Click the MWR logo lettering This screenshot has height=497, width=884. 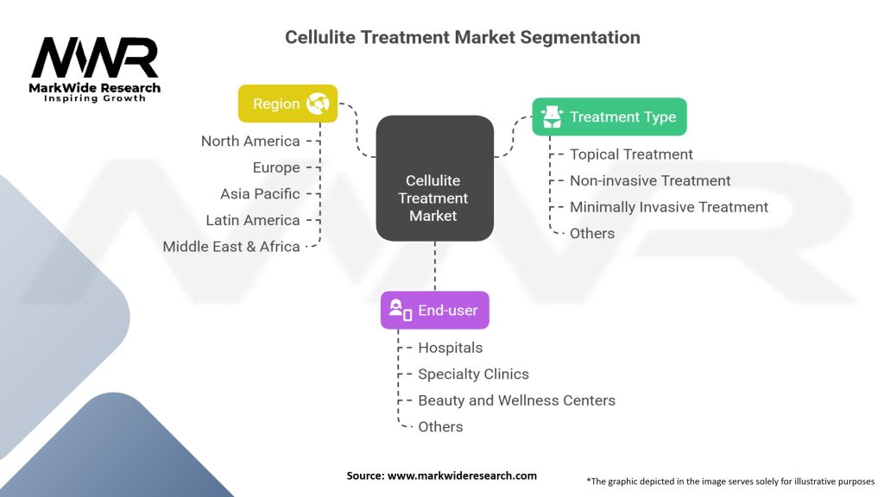pos(95,58)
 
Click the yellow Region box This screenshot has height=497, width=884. pos(287,104)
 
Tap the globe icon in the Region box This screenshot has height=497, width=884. pos(318,104)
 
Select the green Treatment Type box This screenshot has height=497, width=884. pos(609,116)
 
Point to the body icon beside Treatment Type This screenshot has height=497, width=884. pos(552,116)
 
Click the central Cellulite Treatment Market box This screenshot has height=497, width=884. pos(435,178)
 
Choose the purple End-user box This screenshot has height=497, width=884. pos(435,310)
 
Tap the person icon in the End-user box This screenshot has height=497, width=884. pos(401,310)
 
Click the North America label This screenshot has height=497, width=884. pos(250,141)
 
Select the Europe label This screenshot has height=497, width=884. pos(276,167)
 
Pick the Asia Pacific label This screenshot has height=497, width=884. pos(260,194)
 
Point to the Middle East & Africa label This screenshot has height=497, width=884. pos(231,246)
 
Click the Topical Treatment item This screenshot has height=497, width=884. pos(631,154)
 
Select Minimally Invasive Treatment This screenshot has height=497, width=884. pos(669,207)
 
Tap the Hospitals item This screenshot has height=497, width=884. pos(450,348)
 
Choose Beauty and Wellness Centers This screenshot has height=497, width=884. pos(516,400)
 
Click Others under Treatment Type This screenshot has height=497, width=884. pos(592,233)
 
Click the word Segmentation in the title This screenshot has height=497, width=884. pos(580,38)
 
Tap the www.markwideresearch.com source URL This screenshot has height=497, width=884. pos(462,475)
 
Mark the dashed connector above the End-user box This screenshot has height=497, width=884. pos(435,266)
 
